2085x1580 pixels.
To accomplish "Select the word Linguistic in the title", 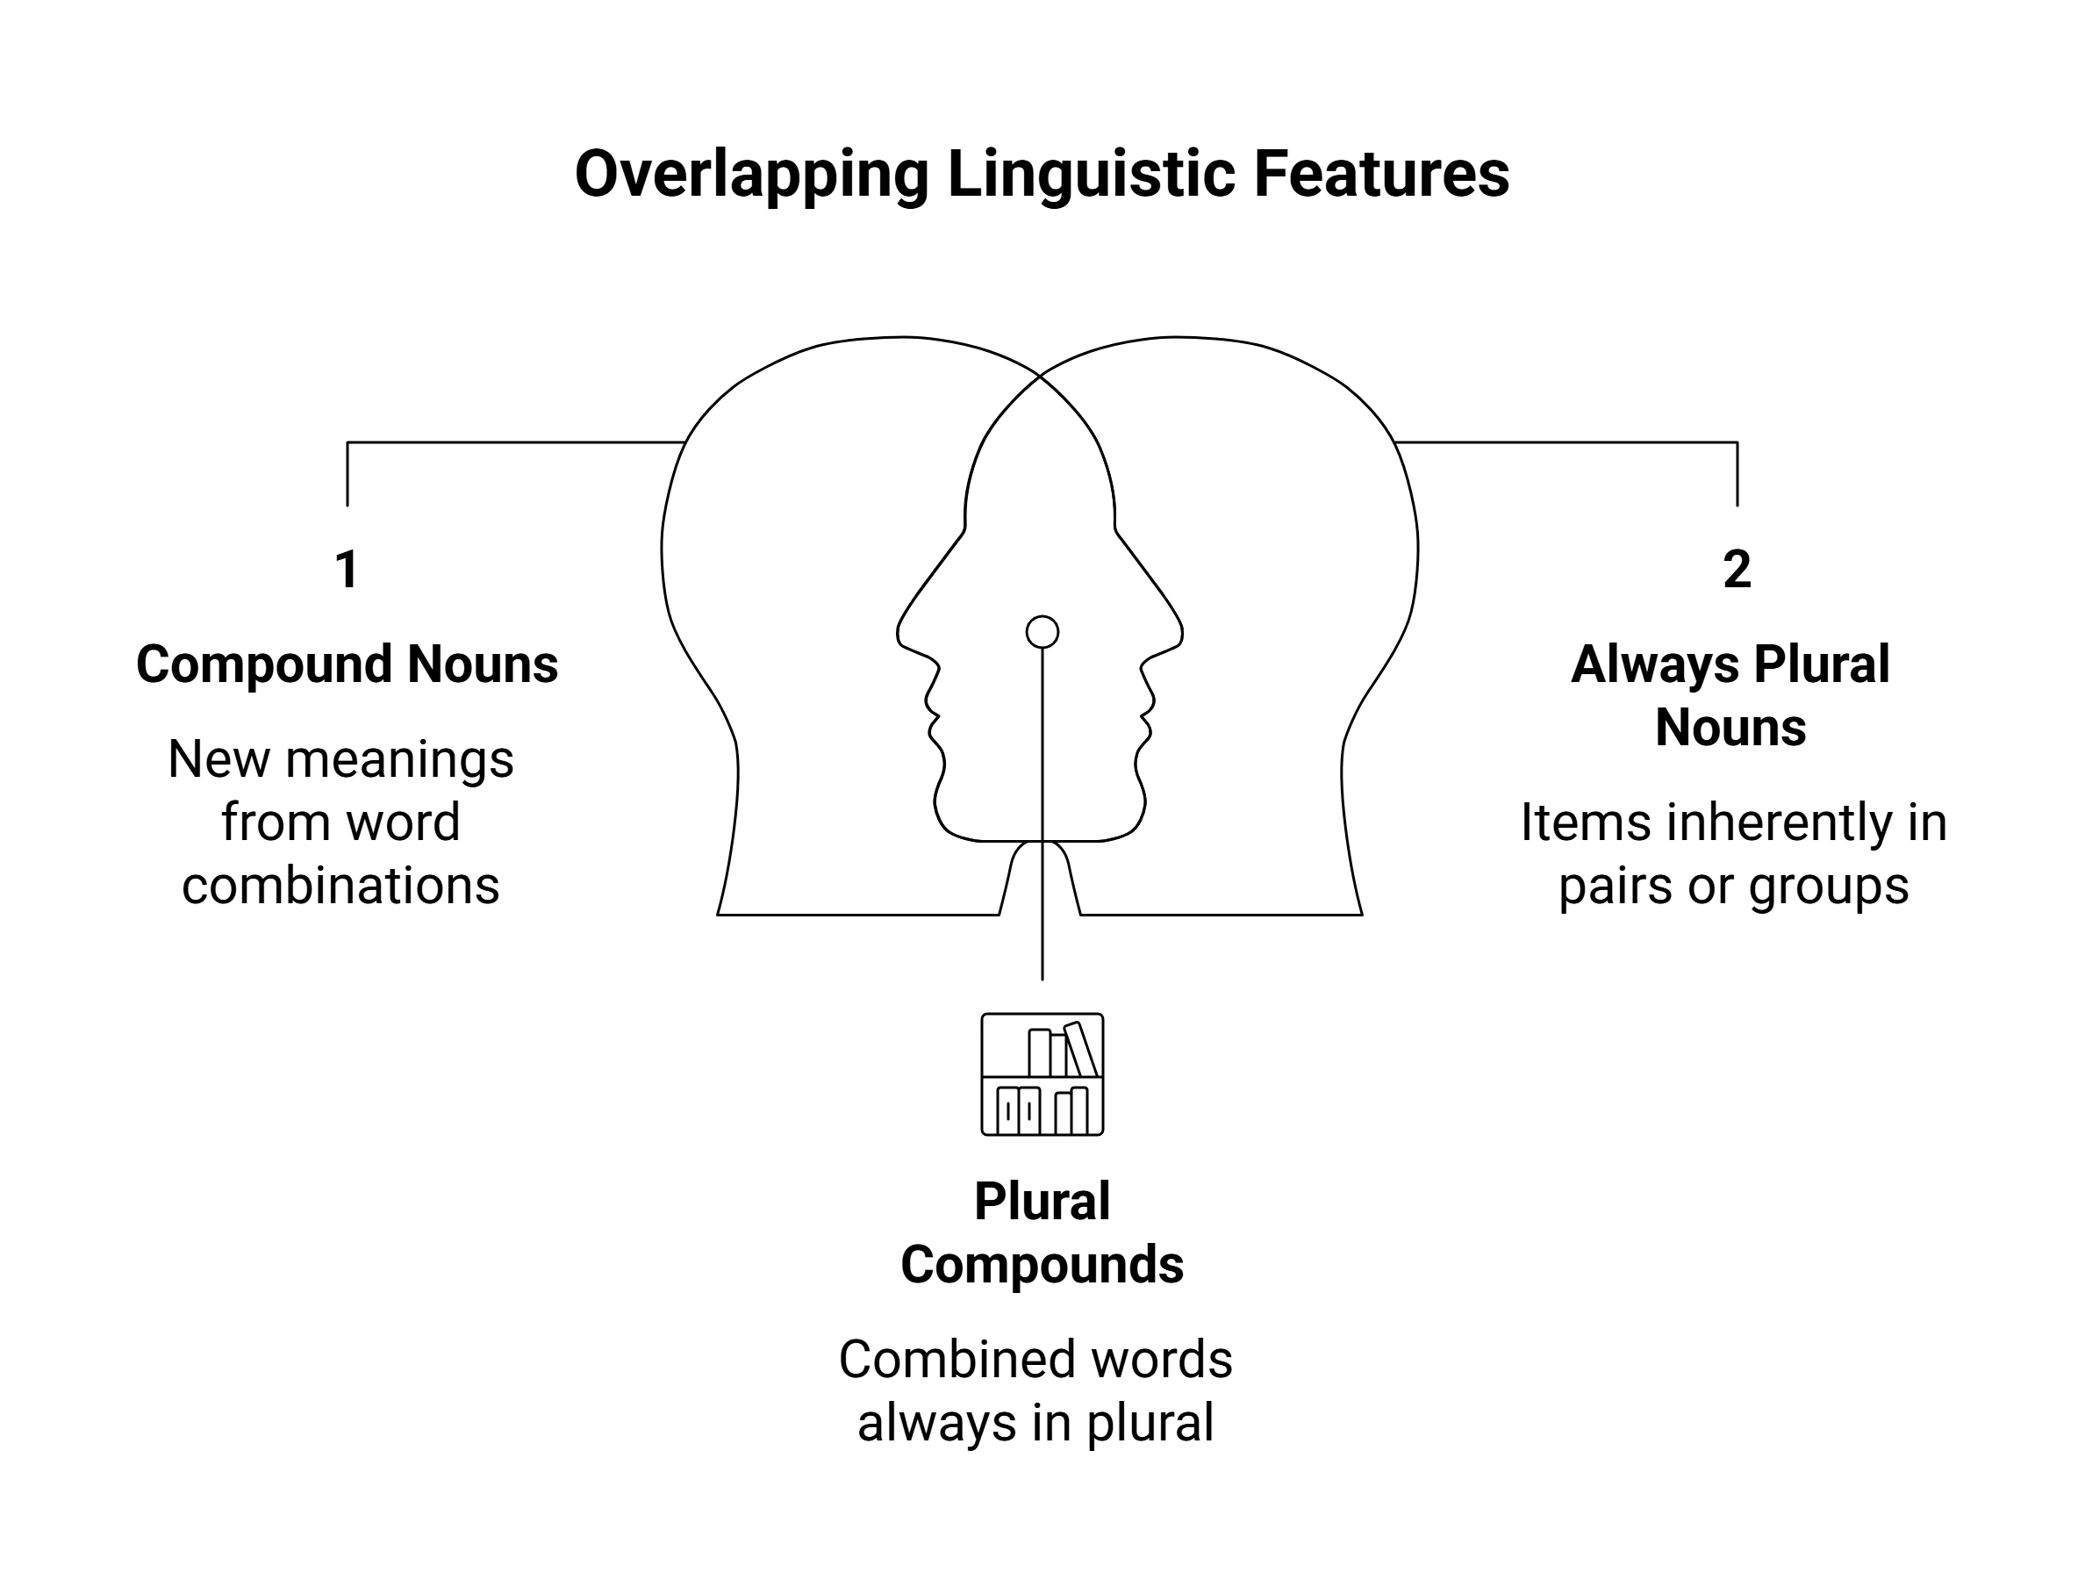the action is pos(1091,176).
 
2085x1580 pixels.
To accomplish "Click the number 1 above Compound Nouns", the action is pos(347,570).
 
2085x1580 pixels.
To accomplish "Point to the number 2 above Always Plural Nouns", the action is pos(1737,570).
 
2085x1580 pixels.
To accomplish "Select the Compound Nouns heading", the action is pos(347,664).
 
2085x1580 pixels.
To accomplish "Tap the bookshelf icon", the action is pos(1042,1074).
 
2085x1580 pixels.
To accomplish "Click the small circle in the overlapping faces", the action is pos(1042,632).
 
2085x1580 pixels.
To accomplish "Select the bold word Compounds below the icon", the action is pos(1042,1265).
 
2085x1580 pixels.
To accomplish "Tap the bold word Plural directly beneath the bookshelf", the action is pos(1042,1201).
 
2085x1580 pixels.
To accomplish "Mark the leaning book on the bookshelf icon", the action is pos(1080,1048).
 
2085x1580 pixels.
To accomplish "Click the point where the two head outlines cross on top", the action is pos(1040,375).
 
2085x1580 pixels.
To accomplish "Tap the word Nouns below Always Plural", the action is pos(1730,728).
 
